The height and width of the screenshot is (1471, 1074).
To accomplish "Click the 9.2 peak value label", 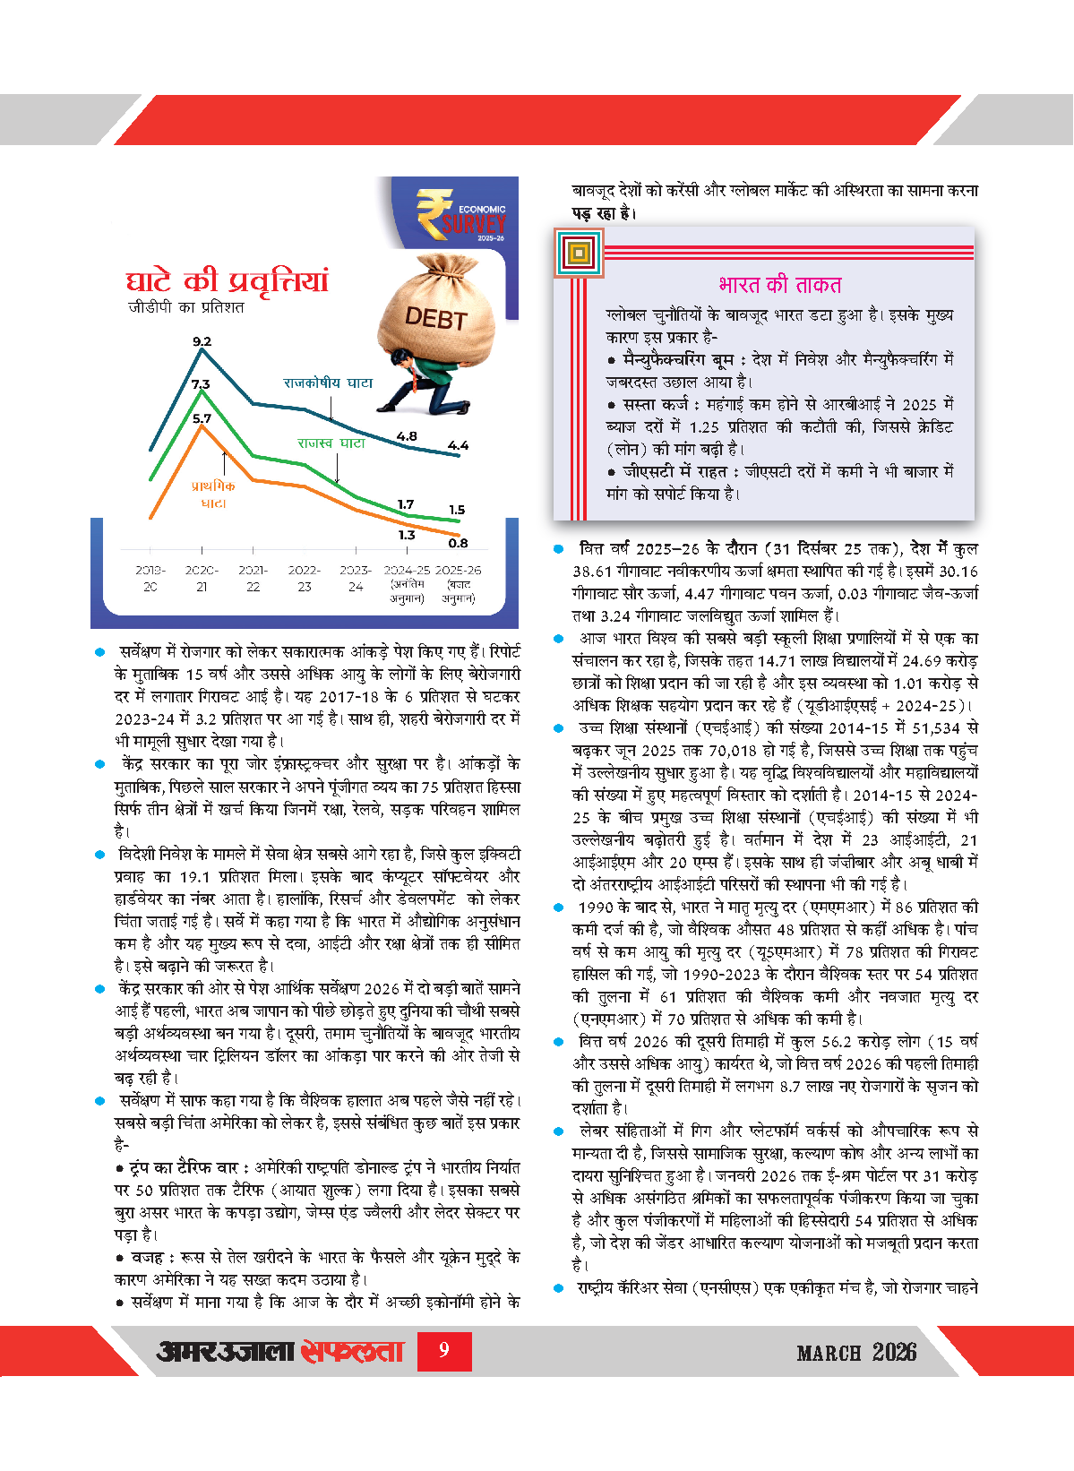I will pos(202,341).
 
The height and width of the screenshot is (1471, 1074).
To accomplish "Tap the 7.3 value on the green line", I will pos(200,384).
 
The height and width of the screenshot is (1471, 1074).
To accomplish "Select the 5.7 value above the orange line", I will pos(202,418).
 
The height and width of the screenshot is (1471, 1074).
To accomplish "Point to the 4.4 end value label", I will pos(458,445).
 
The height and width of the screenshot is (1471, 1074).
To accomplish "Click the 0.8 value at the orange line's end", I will pos(458,543).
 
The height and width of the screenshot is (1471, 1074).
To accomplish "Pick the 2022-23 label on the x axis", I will pos(305,578).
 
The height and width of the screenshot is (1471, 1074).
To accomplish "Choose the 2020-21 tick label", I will pos(202,578).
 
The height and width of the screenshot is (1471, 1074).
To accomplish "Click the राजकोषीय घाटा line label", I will pos(328,383).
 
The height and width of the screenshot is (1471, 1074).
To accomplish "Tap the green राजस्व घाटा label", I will pos(331,443).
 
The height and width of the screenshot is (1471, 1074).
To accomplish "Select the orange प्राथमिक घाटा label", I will pos(213,495).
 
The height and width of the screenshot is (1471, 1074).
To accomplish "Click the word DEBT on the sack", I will pos(435,318).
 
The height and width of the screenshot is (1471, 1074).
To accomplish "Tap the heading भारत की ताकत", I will pos(779,285).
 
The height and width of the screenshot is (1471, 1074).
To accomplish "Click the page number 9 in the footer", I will pos(444,1350).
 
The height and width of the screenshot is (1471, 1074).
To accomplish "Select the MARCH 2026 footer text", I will pos(856,1352).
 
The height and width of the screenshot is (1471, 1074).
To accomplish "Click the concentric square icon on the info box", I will pos(579,253).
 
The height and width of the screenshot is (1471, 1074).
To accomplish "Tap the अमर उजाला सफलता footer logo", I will pos(280,1351).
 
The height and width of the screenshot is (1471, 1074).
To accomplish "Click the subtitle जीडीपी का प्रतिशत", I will pos(185,307).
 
